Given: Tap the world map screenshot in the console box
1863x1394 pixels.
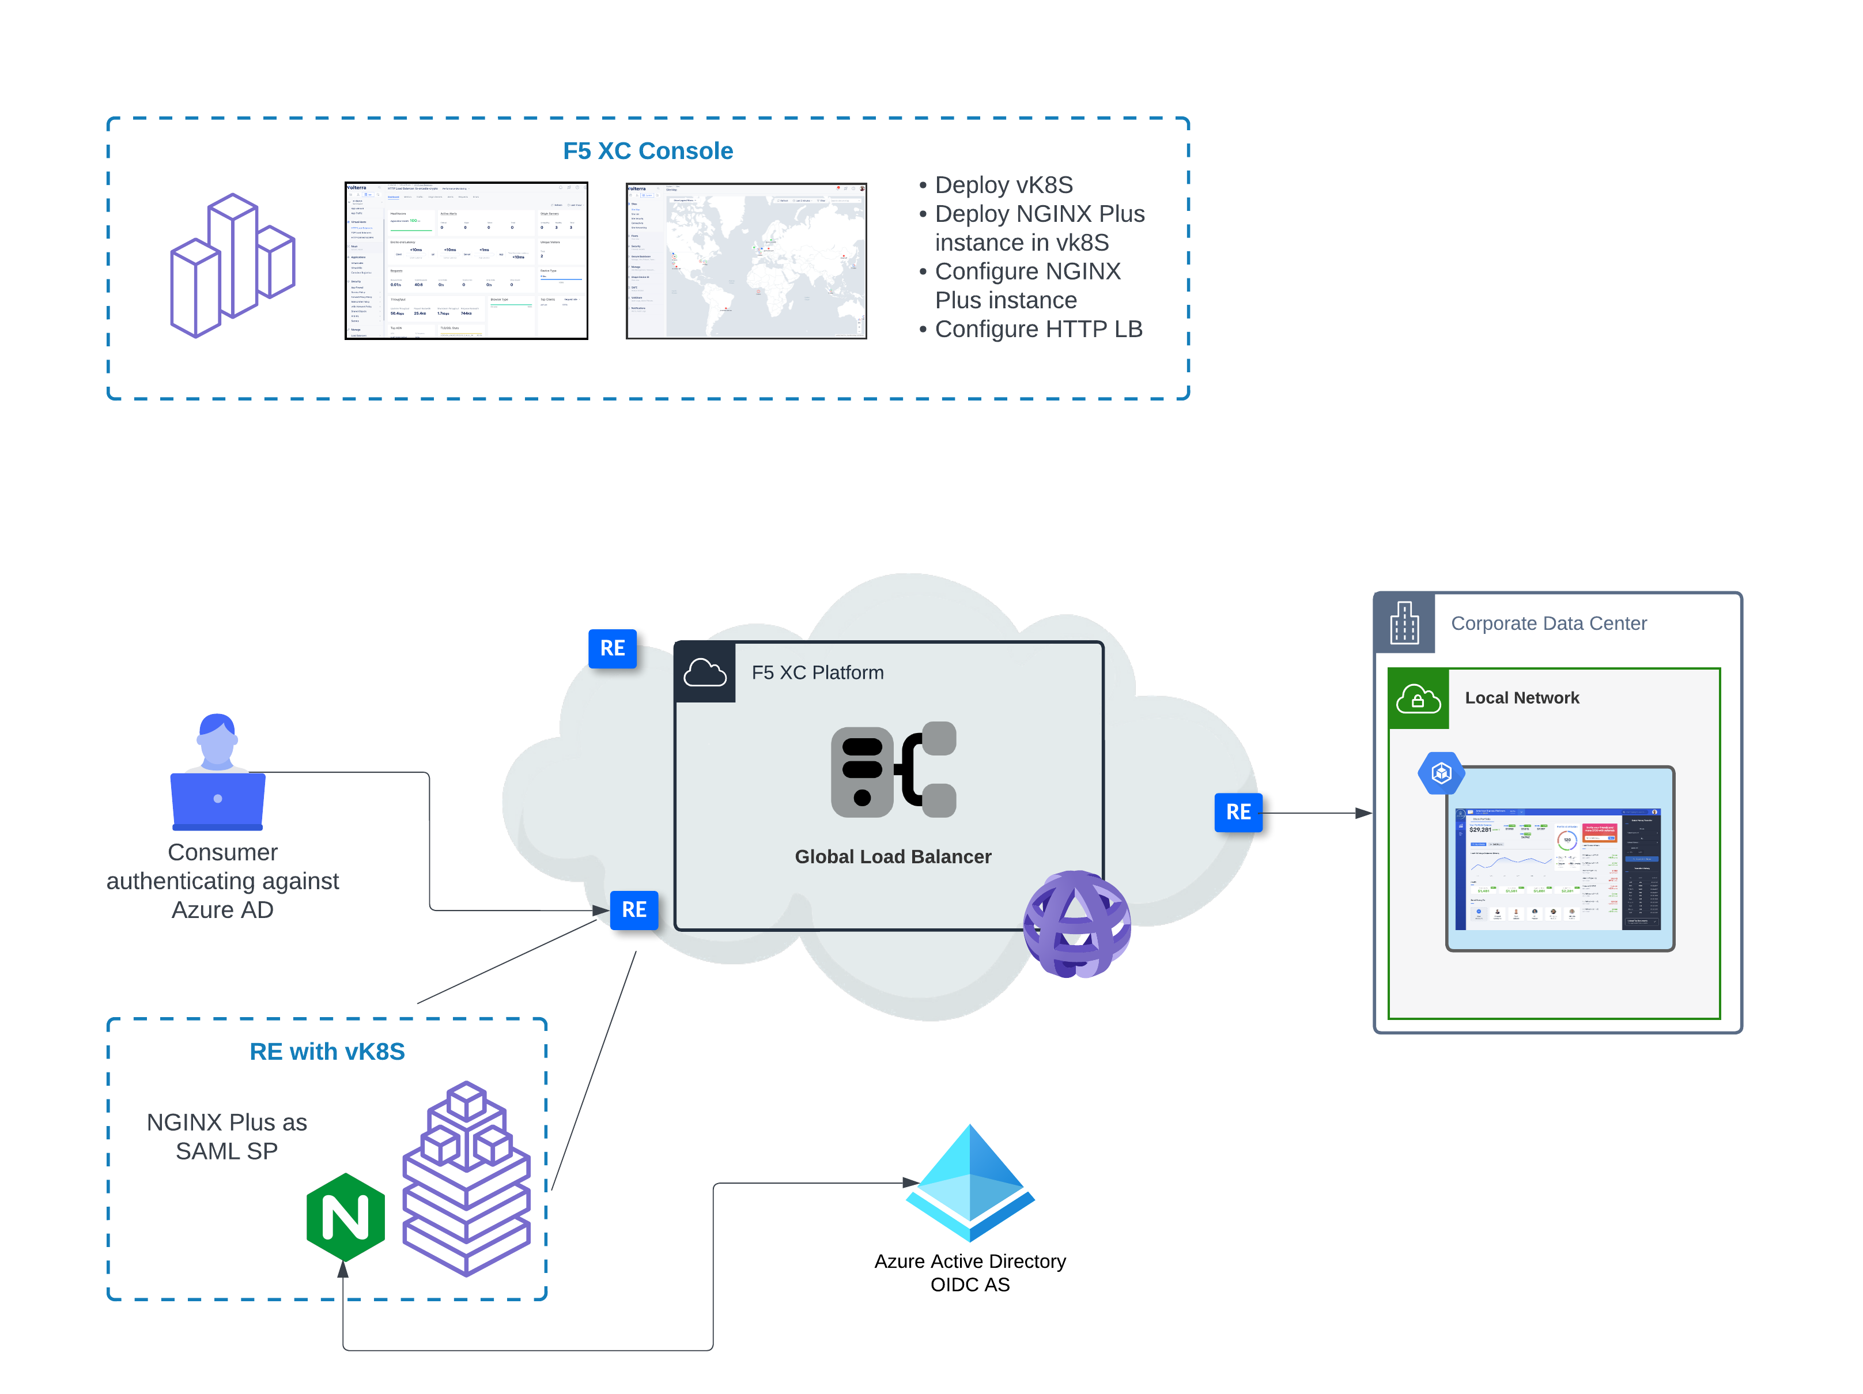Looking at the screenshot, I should (x=746, y=261).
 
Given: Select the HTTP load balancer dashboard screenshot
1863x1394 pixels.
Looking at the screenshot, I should (x=466, y=261).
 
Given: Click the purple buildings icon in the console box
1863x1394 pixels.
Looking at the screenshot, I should (x=232, y=265).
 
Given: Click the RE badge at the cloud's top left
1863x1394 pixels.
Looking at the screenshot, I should (x=613, y=648).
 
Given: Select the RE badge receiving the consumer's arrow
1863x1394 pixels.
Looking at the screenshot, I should (x=633, y=910).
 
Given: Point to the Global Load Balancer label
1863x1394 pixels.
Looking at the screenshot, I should (x=892, y=856).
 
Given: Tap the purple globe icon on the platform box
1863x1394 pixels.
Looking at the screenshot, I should (x=1076, y=923).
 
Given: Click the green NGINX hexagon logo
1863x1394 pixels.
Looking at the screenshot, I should (x=345, y=1217).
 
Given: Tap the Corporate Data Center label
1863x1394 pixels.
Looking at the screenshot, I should (x=1547, y=624).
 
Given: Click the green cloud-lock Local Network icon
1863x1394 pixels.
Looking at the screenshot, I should (x=1418, y=698).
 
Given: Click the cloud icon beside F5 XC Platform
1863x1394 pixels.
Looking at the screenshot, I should (x=704, y=672).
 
